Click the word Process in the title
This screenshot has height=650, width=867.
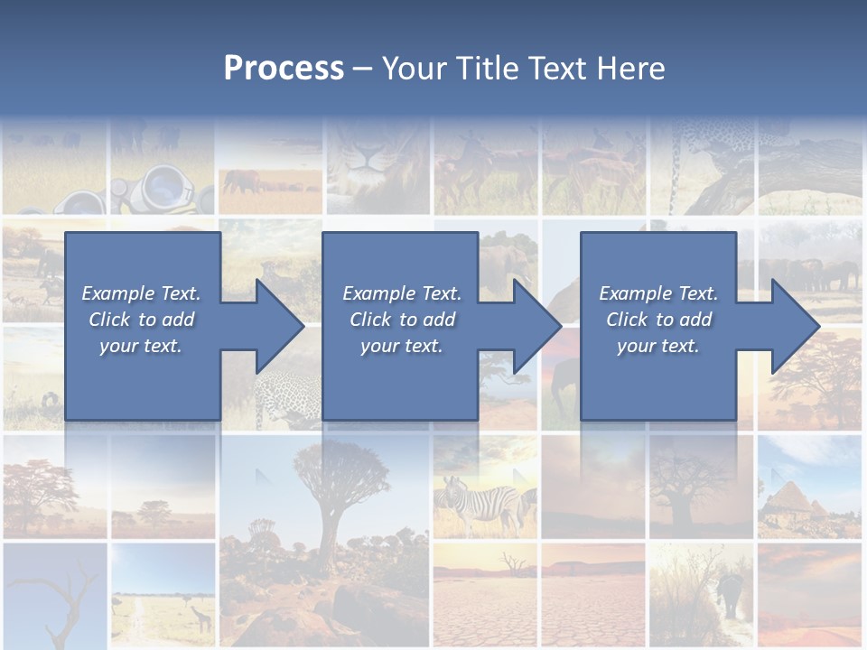pos(284,69)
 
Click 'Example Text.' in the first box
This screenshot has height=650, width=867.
pos(141,293)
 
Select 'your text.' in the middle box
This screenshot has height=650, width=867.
pos(401,346)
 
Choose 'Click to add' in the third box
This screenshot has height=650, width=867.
pos(658,320)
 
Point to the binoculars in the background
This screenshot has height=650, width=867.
pos(163,189)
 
